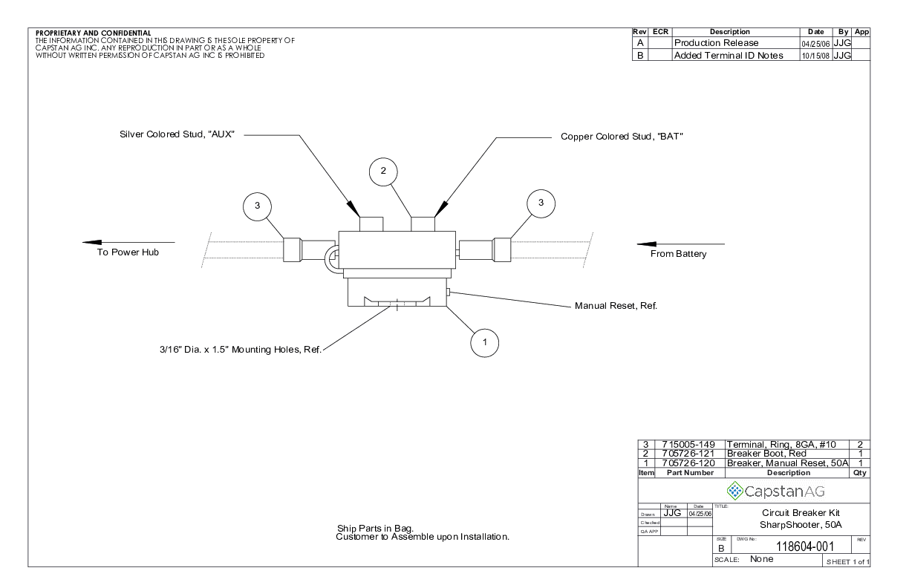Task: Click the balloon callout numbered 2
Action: (x=383, y=171)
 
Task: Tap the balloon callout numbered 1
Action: (x=484, y=342)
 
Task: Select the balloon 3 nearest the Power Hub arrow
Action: (x=257, y=206)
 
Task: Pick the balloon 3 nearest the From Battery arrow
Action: (x=541, y=203)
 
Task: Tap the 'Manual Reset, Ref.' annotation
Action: (x=616, y=305)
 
